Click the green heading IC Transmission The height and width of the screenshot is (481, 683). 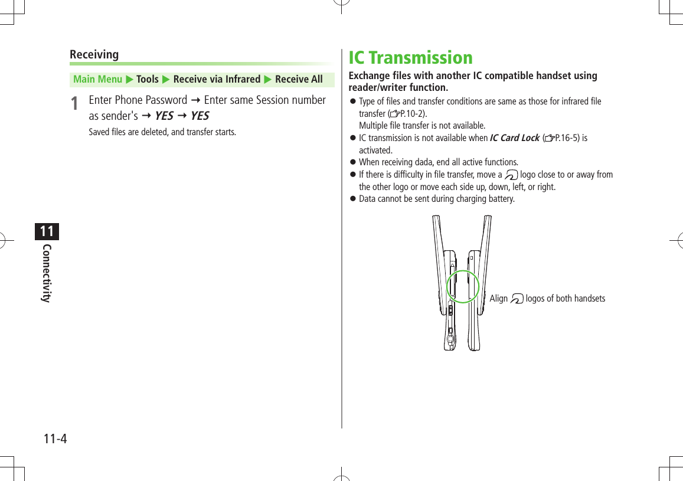[410, 58]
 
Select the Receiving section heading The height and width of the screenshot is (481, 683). [94, 54]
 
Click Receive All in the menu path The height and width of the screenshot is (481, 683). [299, 79]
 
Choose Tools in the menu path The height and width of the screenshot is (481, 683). [148, 79]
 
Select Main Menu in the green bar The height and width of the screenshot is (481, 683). [97, 79]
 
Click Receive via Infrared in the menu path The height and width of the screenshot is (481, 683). [217, 79]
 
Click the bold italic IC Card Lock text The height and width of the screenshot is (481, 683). [514, 138]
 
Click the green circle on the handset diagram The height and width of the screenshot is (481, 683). [463, 287]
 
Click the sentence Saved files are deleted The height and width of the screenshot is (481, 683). [162, 132]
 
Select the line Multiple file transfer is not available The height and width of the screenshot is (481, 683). [422, 126]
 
